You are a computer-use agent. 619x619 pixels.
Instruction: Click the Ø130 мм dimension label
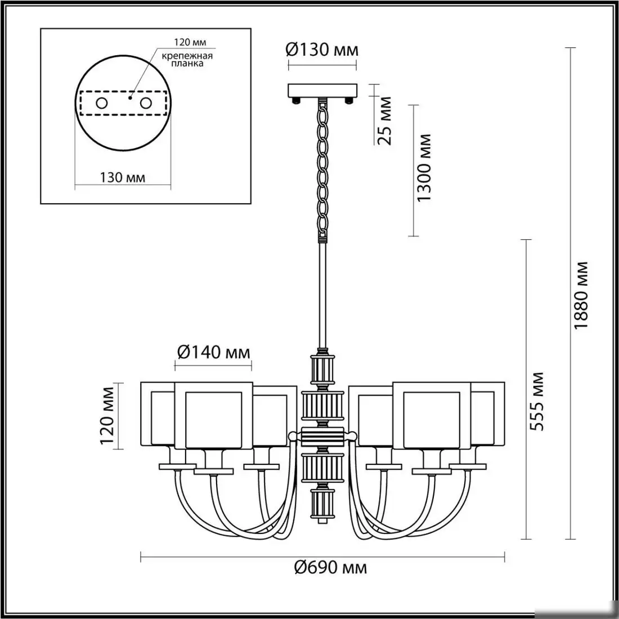(x=322, y=50)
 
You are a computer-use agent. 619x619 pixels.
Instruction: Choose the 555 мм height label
(x=537, y=401)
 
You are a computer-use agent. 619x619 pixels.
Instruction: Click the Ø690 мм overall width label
(x=330, y=567)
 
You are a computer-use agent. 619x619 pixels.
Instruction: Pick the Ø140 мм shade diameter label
(x=213, y=353)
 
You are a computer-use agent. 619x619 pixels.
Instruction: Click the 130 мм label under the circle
(x=123, y=178)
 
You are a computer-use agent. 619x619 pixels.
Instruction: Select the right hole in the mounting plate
(x=146, y=104)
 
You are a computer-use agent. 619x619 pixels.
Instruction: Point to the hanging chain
(x=323, y=169)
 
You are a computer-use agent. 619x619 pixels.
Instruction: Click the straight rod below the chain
(x=323, y=293)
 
